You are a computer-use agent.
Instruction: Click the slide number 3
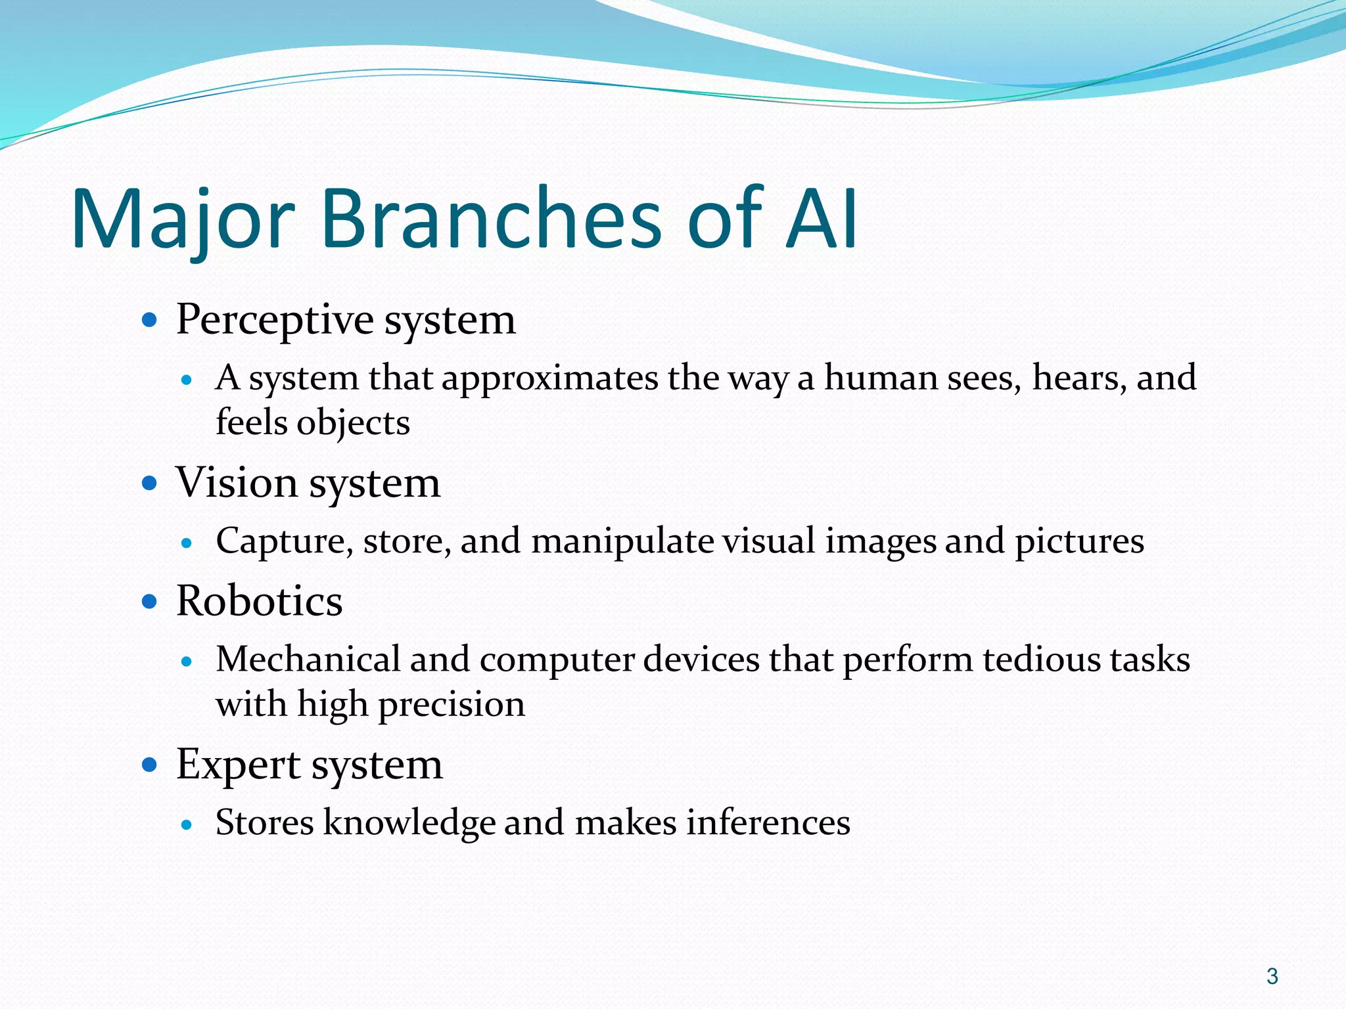pos(1272,976)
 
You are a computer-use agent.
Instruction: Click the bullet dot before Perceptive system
pos(150,321)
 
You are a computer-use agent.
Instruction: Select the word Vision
pos(237,483)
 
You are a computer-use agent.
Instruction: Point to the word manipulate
pos(622,541)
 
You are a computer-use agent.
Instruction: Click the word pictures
pos(1079,541)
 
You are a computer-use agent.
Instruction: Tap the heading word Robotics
pos(259,601)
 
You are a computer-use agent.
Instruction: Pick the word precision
pos(452,705)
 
